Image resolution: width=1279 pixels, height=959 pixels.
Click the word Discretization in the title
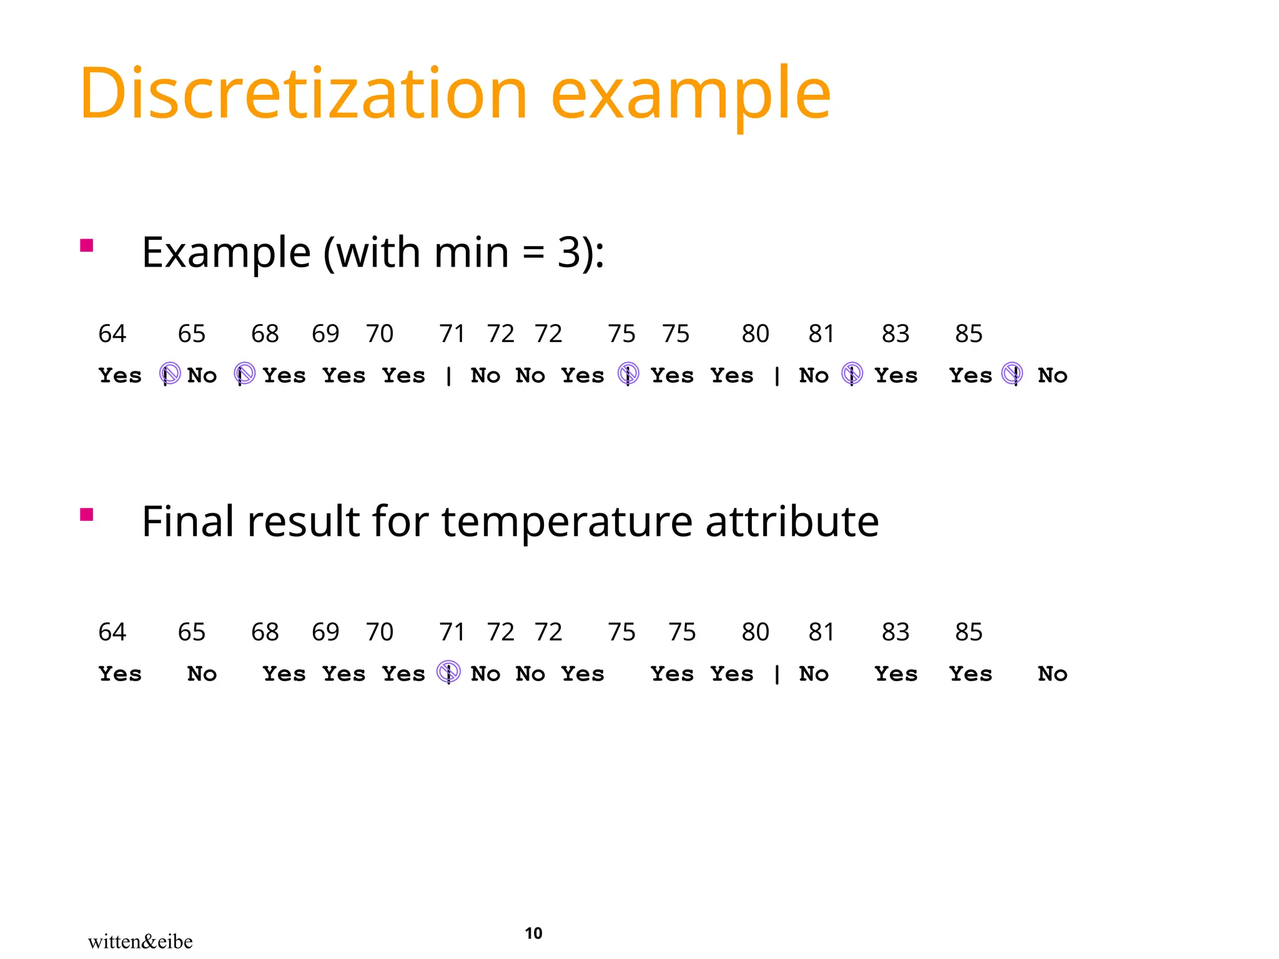pos(304,94)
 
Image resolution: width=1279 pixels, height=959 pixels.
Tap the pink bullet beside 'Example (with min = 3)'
pos(87,245)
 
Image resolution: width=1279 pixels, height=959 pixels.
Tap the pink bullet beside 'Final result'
pos(87,514)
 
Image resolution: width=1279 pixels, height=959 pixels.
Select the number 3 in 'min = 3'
pos(570,253)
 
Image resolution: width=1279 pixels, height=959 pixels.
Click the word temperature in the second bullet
pos(567,522)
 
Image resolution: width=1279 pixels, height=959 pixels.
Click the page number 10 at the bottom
pos(533,933)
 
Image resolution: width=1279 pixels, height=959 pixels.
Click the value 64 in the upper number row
pos(112,334)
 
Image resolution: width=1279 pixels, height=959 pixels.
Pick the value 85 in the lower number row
pos(969,632)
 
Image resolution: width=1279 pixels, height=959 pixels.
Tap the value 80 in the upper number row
pos(755,334)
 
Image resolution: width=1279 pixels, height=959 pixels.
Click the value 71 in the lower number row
pos(452,632)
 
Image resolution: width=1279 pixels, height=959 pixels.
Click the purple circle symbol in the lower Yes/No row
pos(449,672)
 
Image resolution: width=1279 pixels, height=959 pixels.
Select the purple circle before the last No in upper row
pos(1012,374)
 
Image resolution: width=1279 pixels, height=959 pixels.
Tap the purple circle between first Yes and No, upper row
pos(170,374)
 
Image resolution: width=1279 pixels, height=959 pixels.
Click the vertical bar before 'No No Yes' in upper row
pos(449,375)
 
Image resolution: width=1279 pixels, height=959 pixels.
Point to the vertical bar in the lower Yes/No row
pos(777,674)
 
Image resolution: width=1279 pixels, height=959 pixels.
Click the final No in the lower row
pos(1052,674)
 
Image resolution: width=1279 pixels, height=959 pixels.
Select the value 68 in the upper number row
pos(265,334)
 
